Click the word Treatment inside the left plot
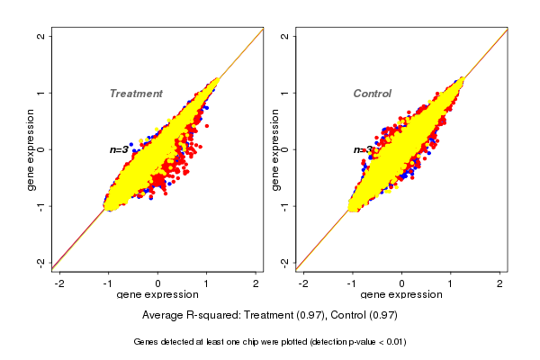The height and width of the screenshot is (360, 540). (x=136, y=94)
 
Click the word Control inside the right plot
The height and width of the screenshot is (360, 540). (x=372, y=94)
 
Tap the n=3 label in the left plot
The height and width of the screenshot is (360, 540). (x=120, y=150)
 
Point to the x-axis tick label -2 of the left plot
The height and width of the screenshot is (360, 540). (x=59, y=283)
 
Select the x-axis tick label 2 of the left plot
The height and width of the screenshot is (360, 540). (x=256, y=283)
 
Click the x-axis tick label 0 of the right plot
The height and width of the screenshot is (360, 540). (x=402, y=283)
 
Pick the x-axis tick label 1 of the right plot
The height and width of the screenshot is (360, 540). (x=451, y=283)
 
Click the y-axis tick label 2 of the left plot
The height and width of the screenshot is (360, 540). (x=41, y=36)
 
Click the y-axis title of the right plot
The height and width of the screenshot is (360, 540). (x=274, y=149)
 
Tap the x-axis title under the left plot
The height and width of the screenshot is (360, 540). (x=157, y=295)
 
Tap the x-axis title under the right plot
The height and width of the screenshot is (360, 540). (x=401, y=295)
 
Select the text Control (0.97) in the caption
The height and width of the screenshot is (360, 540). (x=364, y=315)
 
